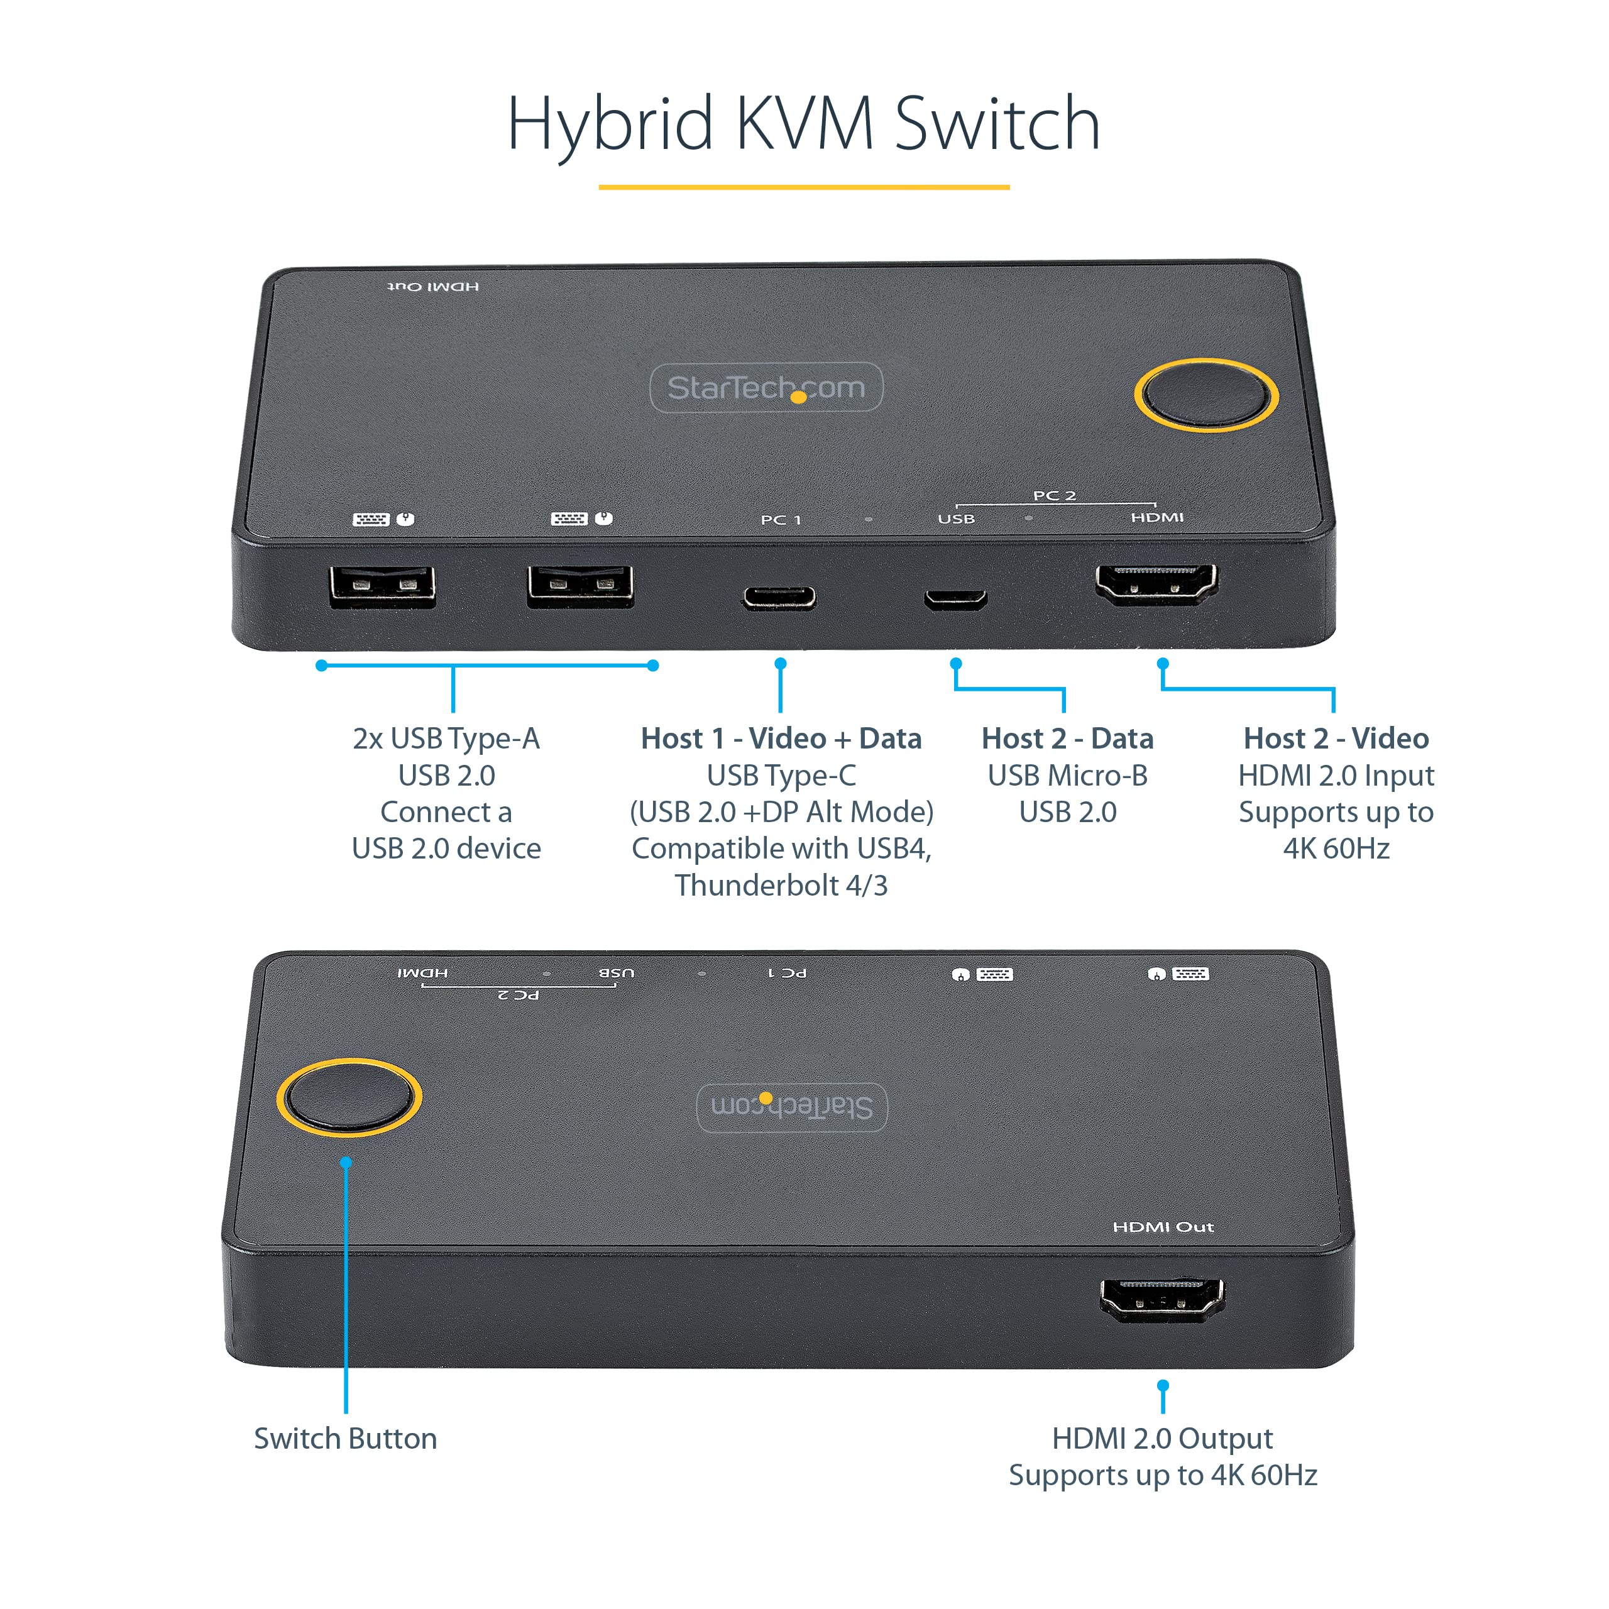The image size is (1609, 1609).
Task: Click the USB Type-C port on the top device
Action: pyautogui.click(x=779, y=597)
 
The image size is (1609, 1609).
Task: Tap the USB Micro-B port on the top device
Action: pyautogui.click(x=955, y=598)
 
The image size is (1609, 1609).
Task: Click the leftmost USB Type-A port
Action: pyautogui.click(x=382, y=586)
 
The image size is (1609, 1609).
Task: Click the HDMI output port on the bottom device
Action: pyautogui.click(x=1161, y=1299)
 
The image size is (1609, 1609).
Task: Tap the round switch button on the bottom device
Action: pyautogui.click(x=348, y=1097)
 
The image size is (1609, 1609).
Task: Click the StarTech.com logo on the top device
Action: pyautogui.click(x=766, y=387)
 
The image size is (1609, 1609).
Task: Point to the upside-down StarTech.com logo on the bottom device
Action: pyautogui.click(x=791, y=1107)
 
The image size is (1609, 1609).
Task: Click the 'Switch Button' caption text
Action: pyautogui.click(x=345, y=1438)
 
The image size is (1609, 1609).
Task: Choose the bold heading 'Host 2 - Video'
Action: pyautogui.click(x=1335, y=738)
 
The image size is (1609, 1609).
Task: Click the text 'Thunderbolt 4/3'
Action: pyautogui.click(x=781, y=886)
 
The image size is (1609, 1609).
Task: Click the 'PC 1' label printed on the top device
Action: pyautogui.click(x=781, y=520)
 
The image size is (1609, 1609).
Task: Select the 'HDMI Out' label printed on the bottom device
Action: pyautogui.click(x=1163, y=1227)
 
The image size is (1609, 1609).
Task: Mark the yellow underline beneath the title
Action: pyautogui.click(x=804, y=187)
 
